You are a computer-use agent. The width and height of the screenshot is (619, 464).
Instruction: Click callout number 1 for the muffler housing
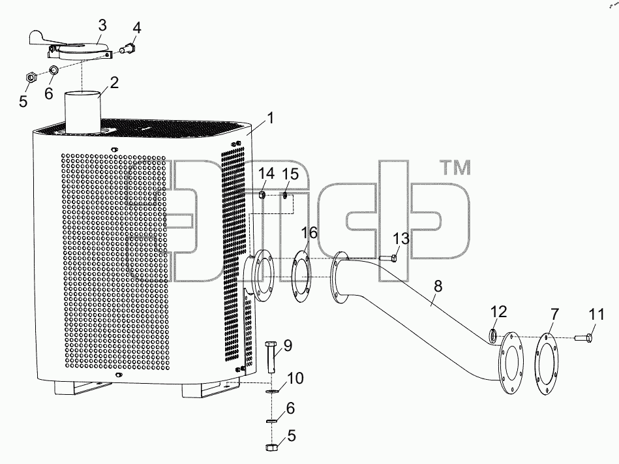coord(271,118)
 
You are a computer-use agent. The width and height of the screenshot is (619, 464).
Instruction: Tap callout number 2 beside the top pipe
coord(114,82)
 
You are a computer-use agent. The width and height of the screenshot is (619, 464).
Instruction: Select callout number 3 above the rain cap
coord(102,25)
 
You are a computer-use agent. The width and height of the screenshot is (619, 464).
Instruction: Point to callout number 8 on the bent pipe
coord(438,286)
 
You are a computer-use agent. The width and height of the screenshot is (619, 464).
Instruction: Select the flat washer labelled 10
coord(272,392)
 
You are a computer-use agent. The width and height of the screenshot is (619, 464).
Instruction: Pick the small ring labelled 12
coord(494,335)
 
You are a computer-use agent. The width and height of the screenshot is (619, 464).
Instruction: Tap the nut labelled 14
coord(262,194)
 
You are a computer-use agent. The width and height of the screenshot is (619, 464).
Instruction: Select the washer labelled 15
coord(285,195)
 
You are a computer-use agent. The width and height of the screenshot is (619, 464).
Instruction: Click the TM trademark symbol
coord(456,168)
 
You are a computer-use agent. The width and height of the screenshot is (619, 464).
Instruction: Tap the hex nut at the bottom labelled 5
coord(271,447)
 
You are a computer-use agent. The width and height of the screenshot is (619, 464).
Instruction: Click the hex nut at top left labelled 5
coord(31,76)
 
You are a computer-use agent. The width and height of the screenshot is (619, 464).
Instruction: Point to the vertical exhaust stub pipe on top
coord(82,113)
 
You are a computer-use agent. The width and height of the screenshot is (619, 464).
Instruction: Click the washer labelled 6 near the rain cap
coord(53,70)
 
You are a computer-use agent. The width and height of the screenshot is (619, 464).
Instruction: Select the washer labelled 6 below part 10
coord(271,421)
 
